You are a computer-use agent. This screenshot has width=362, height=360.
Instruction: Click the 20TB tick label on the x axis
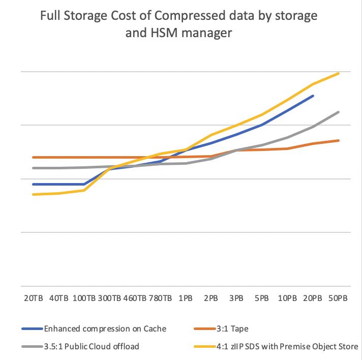pos(33,298)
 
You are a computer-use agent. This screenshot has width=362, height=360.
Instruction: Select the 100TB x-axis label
pos(84,298)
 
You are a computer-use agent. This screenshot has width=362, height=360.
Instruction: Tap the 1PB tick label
pos(186,298)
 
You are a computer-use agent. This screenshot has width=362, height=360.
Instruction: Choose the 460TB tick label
pos(135,298)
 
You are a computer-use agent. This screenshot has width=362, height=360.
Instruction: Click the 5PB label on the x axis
pos(262,298)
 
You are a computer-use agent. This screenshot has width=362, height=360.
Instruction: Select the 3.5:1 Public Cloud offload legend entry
pos(92,346)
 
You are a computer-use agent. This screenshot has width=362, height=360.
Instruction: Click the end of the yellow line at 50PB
pos(339,73)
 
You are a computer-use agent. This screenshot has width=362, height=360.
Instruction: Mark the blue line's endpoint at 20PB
pos(313,96)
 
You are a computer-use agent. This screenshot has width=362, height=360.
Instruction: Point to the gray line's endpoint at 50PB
pos(339,112)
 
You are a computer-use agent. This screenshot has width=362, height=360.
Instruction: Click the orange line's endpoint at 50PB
pos(339,140)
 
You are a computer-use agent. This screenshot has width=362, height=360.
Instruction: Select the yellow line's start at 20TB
pos(33,195)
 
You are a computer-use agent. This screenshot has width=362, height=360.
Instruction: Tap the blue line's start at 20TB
pos(33,184)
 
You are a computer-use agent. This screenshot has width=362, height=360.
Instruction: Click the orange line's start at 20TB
pos(33,157)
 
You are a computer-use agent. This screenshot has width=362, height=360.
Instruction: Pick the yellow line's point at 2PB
pos(211,135)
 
